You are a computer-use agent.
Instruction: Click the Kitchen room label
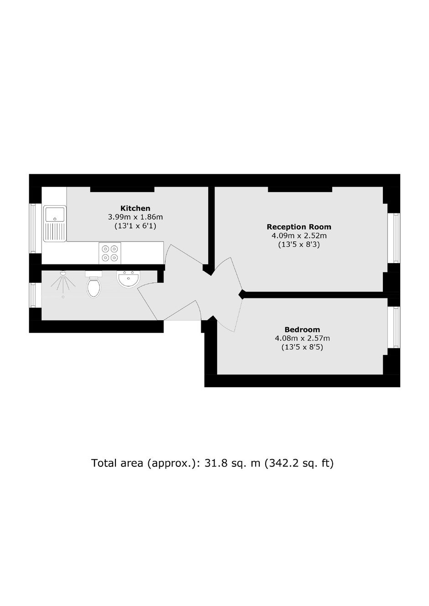coord(135,208)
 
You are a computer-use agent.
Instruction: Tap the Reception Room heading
coord(299,227)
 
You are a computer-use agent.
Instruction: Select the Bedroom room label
coord(302,330)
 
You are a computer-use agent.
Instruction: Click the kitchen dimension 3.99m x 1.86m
coord(135,217)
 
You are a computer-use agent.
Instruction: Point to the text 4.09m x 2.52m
coord(299,236)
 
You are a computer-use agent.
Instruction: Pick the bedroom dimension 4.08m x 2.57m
coord(302,338)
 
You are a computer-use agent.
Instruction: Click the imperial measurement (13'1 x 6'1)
coord(135,226)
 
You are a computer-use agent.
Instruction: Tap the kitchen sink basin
coord(55,214)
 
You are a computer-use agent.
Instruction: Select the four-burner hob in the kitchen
coord(110,253)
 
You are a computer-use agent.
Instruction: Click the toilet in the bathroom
coord(94,285)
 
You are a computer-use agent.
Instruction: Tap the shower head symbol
coord(63,273)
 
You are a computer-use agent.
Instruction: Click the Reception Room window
coord(394,238)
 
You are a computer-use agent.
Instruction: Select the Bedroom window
coord(394,327)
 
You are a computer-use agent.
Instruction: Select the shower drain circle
coord(63,297)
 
